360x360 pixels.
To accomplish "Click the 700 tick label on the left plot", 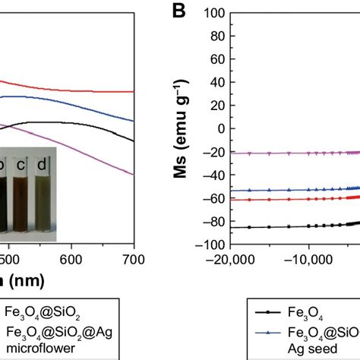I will pos(133,259).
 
